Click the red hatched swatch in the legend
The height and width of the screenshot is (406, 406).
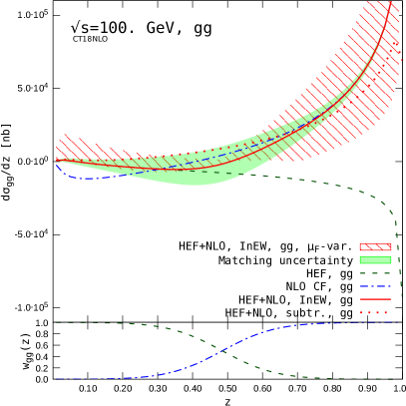pyautogui.click(x=375, y=246)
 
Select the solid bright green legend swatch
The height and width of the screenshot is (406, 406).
pyautogui.click(x=375, y=260)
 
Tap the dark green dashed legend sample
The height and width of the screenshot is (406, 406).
pyautogui.click(x=375, y=273)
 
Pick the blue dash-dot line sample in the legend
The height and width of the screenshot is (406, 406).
pyautogui.click(x=375, y=286)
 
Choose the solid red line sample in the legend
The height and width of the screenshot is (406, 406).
pyautogui.click(x=375, y=299)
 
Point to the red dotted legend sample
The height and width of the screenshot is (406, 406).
pyautogui.click(x=375, y=312)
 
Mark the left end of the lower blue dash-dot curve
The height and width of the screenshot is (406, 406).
pyautogui.click(x=57, y=379)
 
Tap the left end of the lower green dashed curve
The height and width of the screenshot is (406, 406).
pyautogui.click(x=57, y=322)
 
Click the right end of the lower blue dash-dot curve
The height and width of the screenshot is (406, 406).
pyautogui.click(x=397, y=322)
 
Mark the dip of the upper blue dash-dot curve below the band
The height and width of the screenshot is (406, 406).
pyautogui.click(x=85, y=178)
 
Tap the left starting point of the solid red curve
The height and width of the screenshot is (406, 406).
pyautogui.click(x=57, y=161)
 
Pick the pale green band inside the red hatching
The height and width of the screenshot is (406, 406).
pyautogui.click(x=289, y=135)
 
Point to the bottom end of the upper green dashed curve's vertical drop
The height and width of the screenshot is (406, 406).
pyautogui.click(x=400, y=296)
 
